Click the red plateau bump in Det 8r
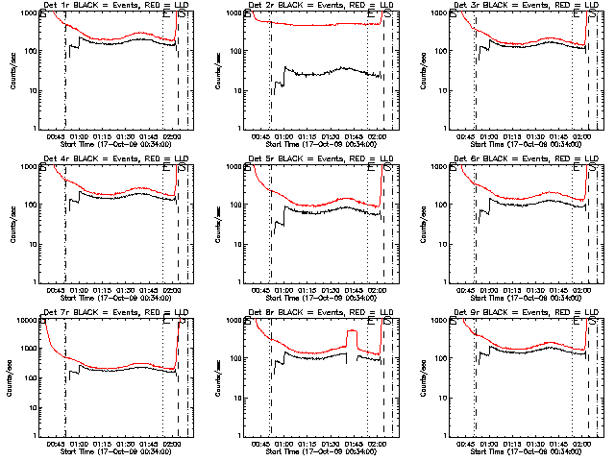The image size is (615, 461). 352,332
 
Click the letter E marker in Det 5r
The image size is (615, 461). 371,167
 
